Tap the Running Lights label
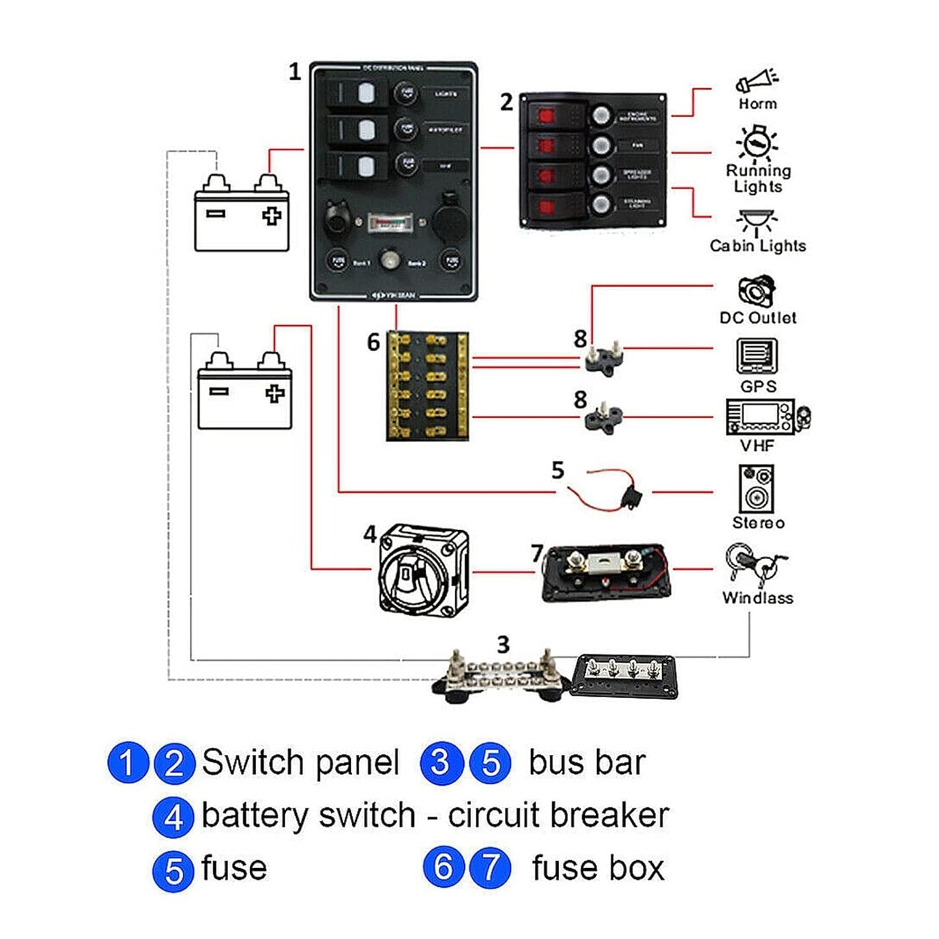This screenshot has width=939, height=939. [x=758, y=179]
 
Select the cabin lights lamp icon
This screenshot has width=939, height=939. [x=756, y=222]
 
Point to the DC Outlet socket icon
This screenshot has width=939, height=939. [x=756, y=291]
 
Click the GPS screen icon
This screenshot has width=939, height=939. [x=756, y=356]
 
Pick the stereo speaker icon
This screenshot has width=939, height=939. [x=756, y=489]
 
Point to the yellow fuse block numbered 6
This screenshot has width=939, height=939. [x=427, y=386]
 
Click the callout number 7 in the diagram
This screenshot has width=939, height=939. [x=537, y=553]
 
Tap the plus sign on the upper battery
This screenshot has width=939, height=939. [x=272, y=216]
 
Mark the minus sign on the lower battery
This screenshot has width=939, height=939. [x=218, y=391]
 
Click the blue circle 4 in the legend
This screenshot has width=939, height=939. [x=173, y=817]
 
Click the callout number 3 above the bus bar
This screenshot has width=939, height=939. [x=503, y=645]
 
